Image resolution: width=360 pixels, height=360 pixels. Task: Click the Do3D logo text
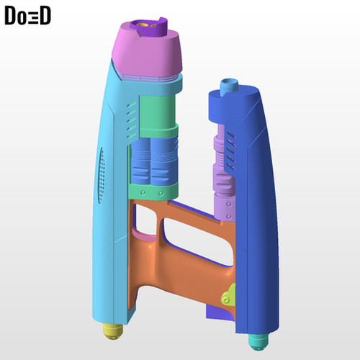[27, 17]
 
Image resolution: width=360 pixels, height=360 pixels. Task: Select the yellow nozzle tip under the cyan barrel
[112, 329]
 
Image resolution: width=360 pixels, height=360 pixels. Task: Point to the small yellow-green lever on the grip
[227, 296]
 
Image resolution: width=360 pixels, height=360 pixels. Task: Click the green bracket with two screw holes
[153, 192]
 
